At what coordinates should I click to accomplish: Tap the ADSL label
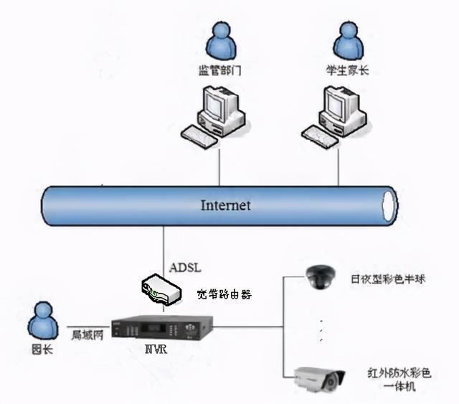[185, 268]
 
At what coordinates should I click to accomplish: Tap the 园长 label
[44, 351]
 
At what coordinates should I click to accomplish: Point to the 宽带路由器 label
[224, 294]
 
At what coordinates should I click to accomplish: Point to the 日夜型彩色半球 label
[388, 278]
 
